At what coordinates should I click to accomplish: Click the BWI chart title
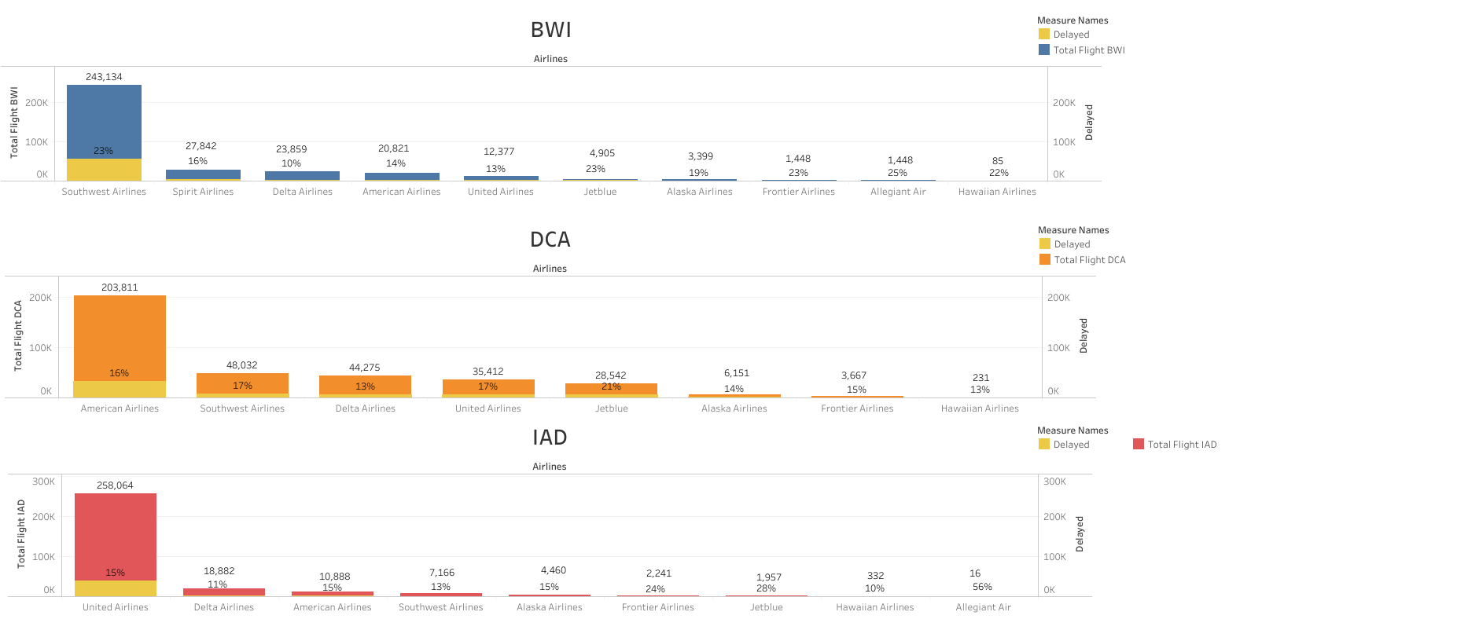(550, 30)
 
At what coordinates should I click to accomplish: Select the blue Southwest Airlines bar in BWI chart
(104, 118)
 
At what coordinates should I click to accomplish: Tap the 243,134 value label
(104, 77)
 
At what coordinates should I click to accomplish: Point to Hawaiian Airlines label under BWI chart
(997, 192)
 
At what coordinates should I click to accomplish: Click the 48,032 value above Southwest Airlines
(242, 365)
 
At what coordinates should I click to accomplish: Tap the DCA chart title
(550, 240)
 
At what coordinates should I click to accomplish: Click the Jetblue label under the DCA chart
(611, 408)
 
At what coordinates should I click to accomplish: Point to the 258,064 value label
(115, 485)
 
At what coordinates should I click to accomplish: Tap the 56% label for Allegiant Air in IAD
(982, 587)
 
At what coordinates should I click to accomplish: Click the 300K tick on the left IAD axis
(43, 482)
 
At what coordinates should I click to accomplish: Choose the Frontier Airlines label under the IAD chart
(658, 607)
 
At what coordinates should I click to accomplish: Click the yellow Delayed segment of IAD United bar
(116, 588)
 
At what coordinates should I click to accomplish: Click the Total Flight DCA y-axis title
(18, 335)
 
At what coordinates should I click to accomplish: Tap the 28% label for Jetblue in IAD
(766, 588)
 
